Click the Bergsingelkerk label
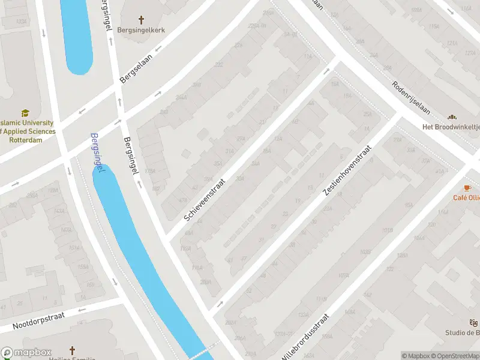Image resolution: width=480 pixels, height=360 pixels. pos(141,30)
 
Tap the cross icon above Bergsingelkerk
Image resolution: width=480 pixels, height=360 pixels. pos(141,20)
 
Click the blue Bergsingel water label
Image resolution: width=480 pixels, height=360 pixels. pos(97,154)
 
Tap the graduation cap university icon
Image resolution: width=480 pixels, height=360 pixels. pos(25,113)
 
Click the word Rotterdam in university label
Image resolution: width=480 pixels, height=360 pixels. pos(26,140)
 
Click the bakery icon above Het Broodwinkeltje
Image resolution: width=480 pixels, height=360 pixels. pos(452,117)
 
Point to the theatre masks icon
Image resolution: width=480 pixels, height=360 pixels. pos(475,323)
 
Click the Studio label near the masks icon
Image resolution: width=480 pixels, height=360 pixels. pos(462,333)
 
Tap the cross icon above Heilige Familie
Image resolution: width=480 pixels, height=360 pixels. pos(72,350)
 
